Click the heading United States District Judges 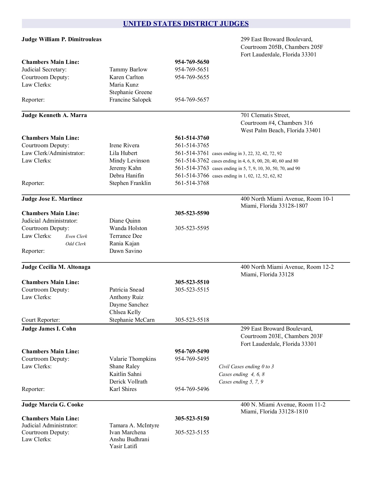pos(186,24)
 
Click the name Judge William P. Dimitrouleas pos(62,40)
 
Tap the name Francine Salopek pos(130,100)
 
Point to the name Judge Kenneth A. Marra pos(54,115)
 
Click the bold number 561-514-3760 pos(192,138)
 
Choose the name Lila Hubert pos(123,153)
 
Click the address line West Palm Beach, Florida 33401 pos(281,131)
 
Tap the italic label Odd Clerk pos(76,244)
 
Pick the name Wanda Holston pos(128,228)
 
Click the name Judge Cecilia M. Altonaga pos(56,267)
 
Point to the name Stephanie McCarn pos(132,320)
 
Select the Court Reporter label pos(41,320)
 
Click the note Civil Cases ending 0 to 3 pos(246,367)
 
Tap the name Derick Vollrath pos(128,382)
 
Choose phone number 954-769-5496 pos(192,389)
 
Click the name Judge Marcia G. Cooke pos(52,405)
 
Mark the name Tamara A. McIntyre pos(134,425)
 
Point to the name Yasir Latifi pos(123,446)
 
